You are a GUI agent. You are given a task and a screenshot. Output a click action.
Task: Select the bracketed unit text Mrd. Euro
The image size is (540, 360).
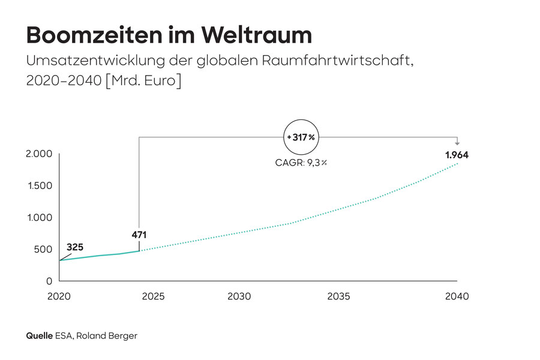tap(143, 81)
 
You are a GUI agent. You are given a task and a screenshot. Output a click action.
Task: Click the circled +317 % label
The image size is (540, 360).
tap(300, 137)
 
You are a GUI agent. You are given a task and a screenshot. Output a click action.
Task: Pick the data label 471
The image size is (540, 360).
tap(139, 235)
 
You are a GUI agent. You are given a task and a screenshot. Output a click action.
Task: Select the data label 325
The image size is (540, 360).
tap(75, 247)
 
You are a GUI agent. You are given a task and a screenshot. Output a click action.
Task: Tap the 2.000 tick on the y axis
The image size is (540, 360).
tap(40, 154)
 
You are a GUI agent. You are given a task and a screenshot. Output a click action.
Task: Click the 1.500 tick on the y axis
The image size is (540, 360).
tap(40, 186)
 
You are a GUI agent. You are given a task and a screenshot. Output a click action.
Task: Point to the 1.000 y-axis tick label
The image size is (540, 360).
tap(40, 218)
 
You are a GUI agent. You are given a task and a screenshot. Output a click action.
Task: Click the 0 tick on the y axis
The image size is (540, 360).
tap(49, 281)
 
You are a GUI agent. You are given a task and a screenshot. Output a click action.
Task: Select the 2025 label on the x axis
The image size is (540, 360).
tap(152, 296)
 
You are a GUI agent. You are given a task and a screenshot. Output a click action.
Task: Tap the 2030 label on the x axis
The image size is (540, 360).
tap(239, 296)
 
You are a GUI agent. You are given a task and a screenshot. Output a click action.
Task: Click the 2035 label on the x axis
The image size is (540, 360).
tap(339, 296)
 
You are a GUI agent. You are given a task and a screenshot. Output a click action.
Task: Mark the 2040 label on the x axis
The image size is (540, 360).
tap(457, 296)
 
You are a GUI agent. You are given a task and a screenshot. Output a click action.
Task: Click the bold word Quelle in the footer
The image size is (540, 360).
tap(39, 336)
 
